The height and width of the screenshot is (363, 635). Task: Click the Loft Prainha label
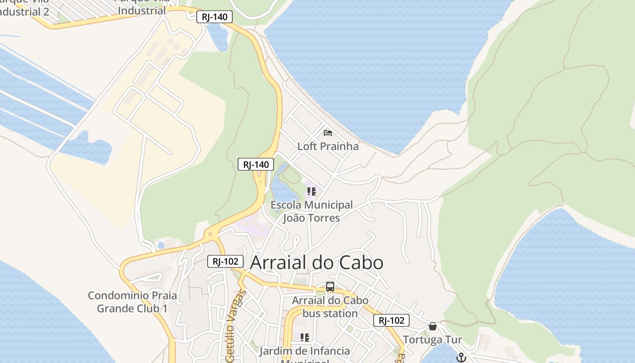click(328, 146)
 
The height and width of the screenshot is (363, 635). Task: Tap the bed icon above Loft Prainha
click(328, 133)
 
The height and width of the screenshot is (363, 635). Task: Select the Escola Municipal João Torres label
click(312, 211)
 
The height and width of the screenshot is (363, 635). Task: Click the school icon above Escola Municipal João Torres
click(311, 191)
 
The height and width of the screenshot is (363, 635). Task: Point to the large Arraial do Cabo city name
click(317, 263)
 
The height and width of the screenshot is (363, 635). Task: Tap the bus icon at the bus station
click(330, 287)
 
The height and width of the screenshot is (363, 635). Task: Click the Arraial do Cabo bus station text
click(330, 307)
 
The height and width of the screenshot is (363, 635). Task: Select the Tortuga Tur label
click(432, 339)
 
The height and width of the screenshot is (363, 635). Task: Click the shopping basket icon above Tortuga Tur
click(433, 326)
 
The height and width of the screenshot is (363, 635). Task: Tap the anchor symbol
click(461, 358)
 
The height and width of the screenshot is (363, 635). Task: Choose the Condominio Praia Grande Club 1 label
click(132, 302)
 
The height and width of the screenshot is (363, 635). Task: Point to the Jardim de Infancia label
click(305, 351)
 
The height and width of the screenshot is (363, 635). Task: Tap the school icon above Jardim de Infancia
click(305, 337)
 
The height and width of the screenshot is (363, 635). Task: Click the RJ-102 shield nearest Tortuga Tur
click(391, 320)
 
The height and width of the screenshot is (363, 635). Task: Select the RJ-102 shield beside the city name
click(225, 261)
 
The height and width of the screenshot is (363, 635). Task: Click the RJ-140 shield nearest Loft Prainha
click(256, 164)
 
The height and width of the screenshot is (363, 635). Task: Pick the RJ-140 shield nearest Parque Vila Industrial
click(215, 17)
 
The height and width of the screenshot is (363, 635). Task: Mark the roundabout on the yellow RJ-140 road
click(210, 235)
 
